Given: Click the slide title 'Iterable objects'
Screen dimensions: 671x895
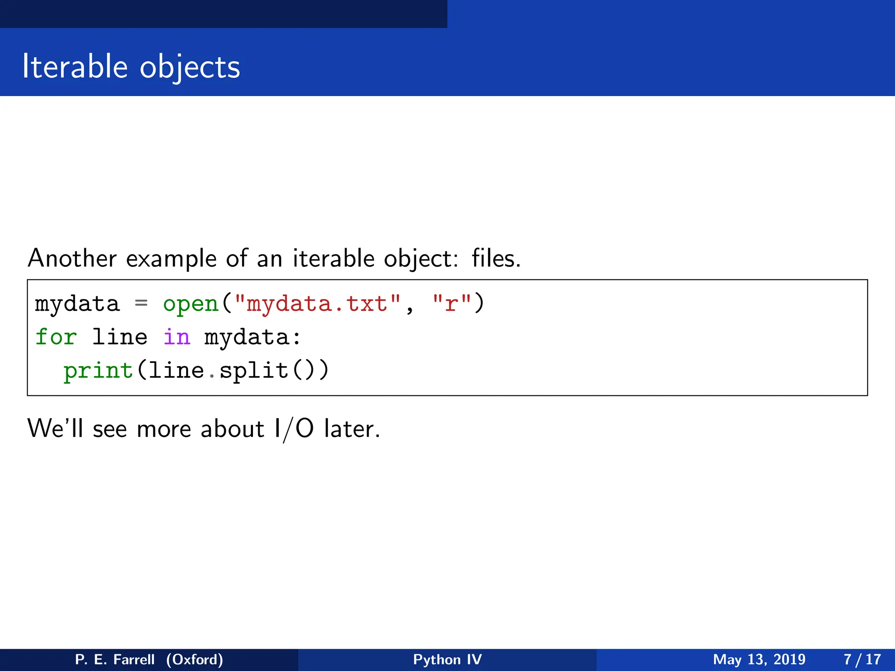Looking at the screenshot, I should [x=131, y=67].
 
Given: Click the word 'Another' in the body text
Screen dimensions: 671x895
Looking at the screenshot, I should [x=72, y=258].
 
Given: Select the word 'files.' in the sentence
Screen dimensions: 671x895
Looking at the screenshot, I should [x=496, y=258].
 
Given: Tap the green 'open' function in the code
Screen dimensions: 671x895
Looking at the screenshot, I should [x=191, y=304].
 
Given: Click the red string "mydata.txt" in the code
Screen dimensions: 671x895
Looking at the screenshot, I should [x=317, y=304].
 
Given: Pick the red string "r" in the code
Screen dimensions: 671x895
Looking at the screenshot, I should [x=451, y=304].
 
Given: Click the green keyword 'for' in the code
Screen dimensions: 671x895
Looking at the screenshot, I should [x=56, y=337].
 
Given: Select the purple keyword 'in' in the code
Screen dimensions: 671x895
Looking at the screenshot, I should [x=177, y=337].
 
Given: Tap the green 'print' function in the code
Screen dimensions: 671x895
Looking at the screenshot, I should [x=98, y=370].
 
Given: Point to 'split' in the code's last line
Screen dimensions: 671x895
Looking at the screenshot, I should [x=254, y=370].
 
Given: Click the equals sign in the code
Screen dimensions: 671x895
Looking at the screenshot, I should [x=141, y=303].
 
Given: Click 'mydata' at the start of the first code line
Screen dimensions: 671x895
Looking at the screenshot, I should [x=77, y=304].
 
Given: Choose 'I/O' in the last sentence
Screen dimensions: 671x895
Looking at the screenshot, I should [x=294, y=429].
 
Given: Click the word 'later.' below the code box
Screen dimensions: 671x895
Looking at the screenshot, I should [x=352, y=429].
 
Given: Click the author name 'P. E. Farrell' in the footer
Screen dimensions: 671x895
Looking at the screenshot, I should [x=115, y=660].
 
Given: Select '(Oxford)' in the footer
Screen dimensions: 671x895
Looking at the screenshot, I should [x=194, y=660].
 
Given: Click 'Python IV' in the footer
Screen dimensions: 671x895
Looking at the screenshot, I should [x=447, y=660].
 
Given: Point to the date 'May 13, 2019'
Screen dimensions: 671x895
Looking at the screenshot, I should [x=759, y=660].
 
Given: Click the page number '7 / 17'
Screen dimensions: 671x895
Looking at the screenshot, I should [x=862, y=660].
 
